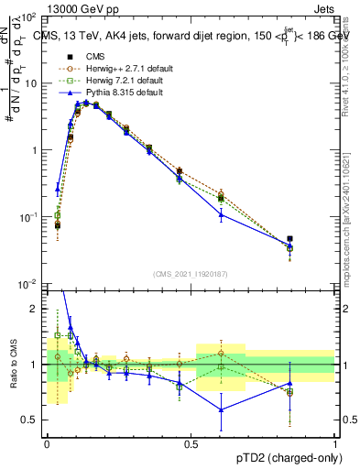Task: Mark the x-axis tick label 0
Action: [47, 443]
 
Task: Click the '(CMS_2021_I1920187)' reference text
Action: [191, 273]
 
